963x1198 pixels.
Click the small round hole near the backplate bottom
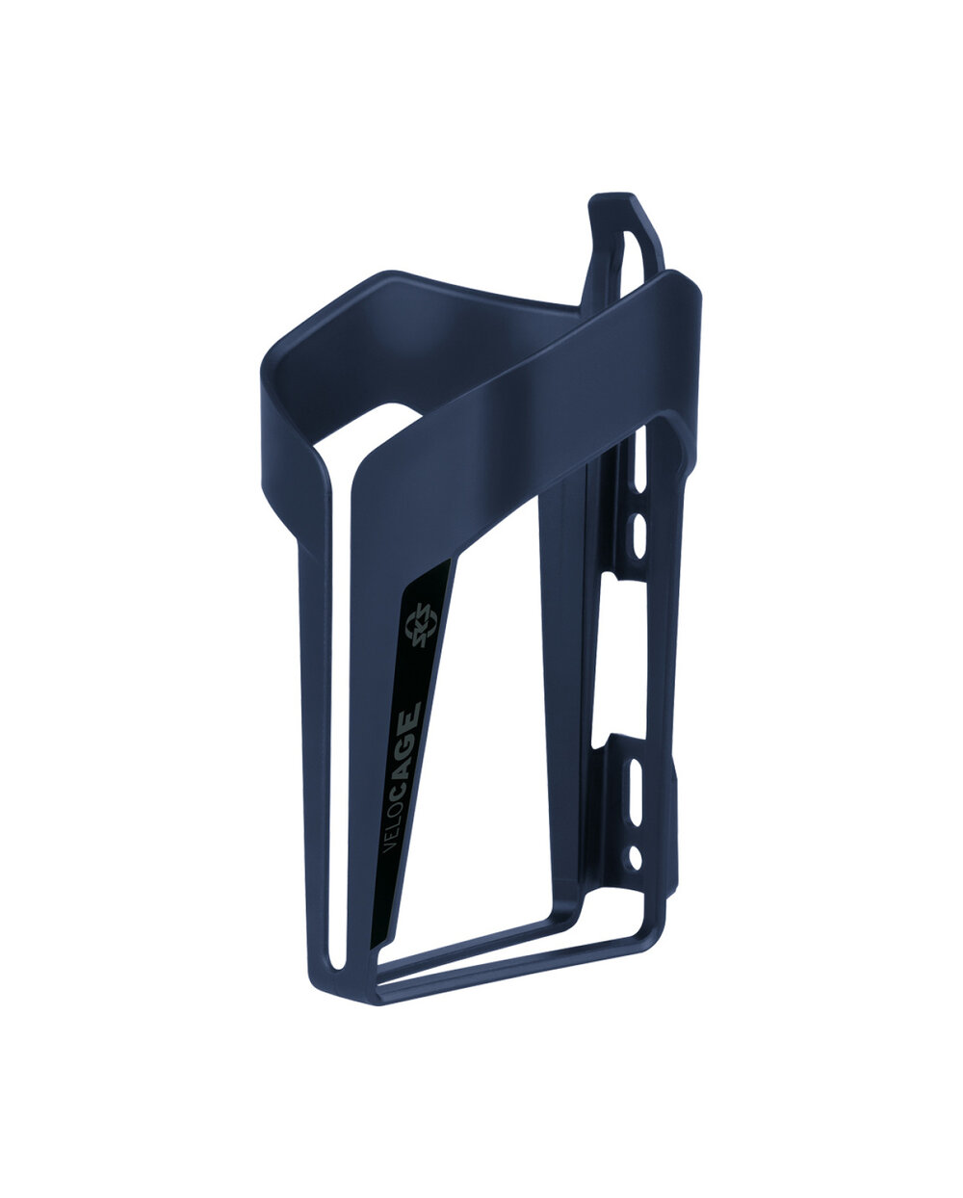pos(635,858)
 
